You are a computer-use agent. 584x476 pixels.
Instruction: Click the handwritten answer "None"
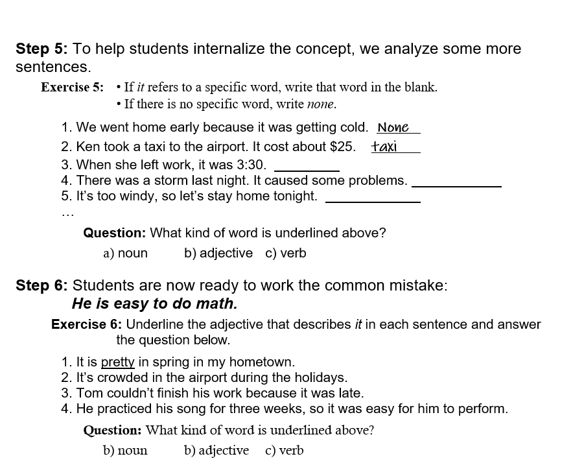point(393,128)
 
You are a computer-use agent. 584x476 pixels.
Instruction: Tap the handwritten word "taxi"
point(384,147)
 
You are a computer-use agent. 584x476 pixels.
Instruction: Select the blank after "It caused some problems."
point(456,182)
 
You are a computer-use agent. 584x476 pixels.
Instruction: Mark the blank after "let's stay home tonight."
point(372,197)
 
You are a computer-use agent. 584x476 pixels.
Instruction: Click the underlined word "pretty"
point(117,362)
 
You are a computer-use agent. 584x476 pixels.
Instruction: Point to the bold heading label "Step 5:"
point(42,49)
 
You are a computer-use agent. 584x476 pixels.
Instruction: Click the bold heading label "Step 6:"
point(42,286)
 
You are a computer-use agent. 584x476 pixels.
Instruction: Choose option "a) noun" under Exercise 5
point(125,254)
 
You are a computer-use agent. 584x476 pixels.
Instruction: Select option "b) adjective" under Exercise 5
point(218,254)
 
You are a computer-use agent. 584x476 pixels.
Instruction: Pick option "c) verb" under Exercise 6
point(284,451)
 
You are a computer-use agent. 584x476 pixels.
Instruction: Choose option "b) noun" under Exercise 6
point(125,451)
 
